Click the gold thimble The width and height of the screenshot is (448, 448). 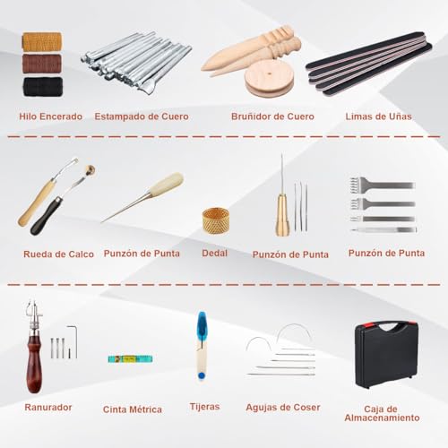point(214,220)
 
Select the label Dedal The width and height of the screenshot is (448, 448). point(215,254)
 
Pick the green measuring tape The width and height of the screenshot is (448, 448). point(131,358)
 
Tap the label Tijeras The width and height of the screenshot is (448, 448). point(205,406)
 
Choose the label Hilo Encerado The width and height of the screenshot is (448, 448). point(52,116)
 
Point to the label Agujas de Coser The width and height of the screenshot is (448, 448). point(283,407)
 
